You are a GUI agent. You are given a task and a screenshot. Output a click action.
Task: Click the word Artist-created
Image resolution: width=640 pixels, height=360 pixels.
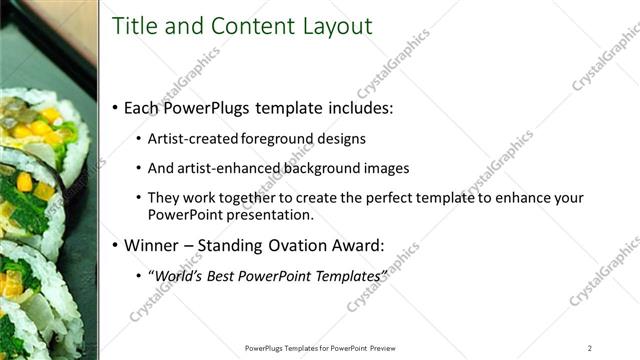click(x=190, y=139)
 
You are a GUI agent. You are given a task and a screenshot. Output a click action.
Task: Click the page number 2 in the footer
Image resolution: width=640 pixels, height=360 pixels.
click(x=590, y=348)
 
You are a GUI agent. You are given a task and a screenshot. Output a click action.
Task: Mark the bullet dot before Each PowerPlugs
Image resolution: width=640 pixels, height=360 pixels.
click(x=116, y=108)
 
